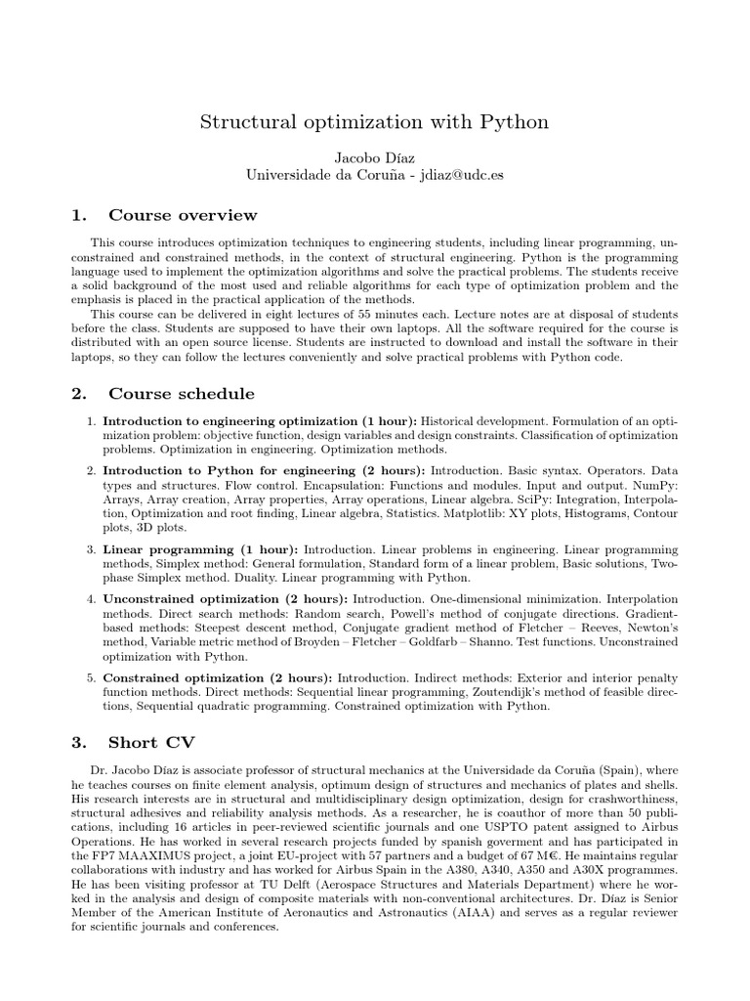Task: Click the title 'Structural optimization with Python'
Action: click(374, 122)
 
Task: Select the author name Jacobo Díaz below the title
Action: click(374, 156)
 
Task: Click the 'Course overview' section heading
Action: click(183, 215)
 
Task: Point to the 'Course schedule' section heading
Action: click(182, 394)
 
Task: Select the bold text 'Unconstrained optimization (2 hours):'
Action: click(226, 597)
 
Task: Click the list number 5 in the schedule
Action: click(91, 677)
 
